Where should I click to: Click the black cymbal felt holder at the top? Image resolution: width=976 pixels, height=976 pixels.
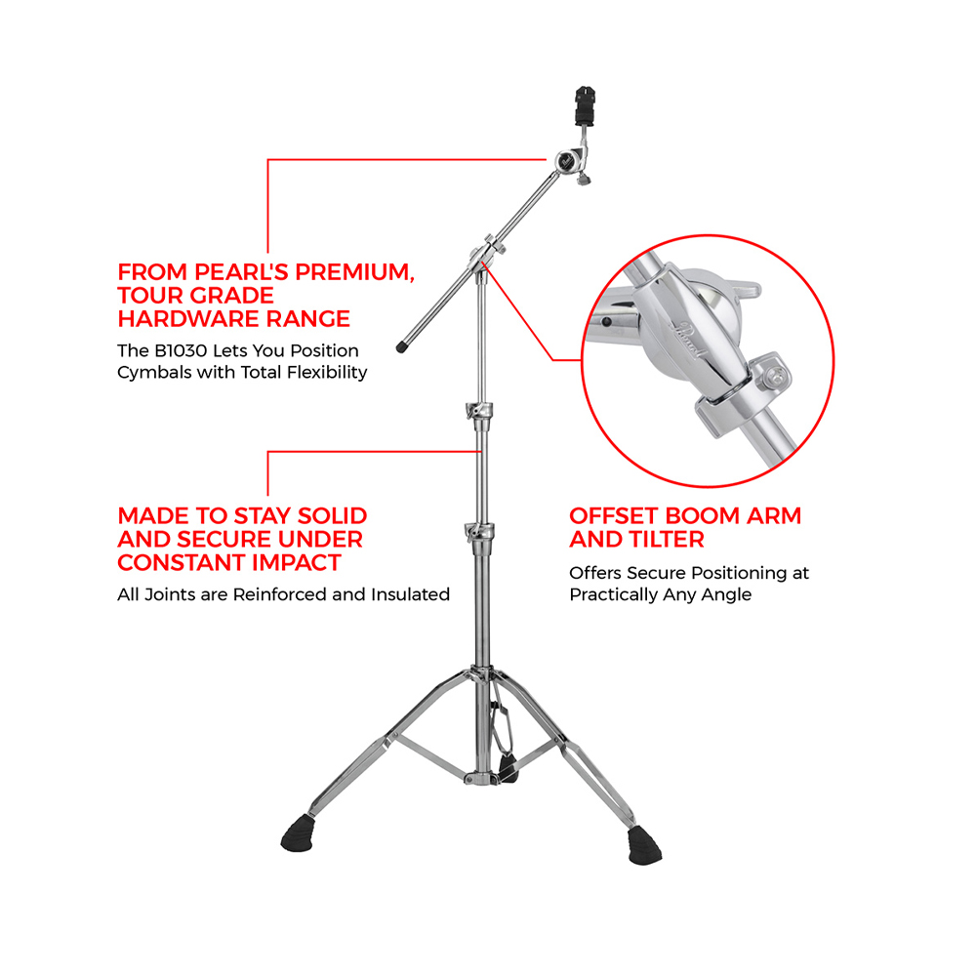pyautogui.click(x=585, y=103)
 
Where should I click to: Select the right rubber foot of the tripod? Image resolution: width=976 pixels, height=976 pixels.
pyautogui.click(x=644, y=845)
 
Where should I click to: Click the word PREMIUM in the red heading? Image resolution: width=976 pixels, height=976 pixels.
pyautogui.click(x=355, y=272)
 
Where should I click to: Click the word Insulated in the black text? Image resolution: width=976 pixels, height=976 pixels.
pyautogui.click(x=410, y=594)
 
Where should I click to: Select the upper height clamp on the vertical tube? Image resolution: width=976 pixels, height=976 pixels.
pyautogui.click(x=479, y=411)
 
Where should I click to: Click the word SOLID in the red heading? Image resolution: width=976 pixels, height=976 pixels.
pyautogui.click(x=332, y=516)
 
